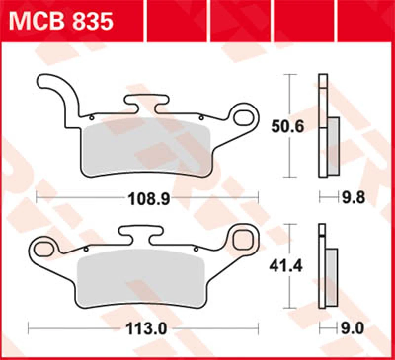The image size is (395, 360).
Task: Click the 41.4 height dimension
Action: [x=286, y=266]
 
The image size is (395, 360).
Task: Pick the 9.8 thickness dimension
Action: [x=354, y=199]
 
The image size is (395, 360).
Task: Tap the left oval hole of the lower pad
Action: [x=43, y=245]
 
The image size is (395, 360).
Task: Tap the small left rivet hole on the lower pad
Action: [x=86, y=249]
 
